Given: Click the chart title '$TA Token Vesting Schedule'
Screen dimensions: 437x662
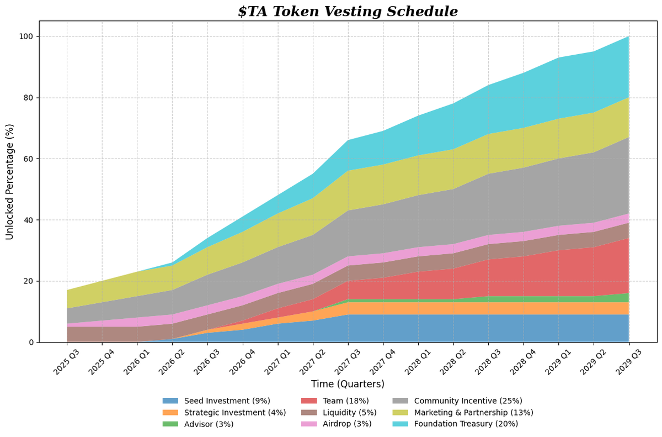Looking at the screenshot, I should [x=348, y=12].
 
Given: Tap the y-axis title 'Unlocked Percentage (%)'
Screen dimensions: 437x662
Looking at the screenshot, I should [x=10, y=181].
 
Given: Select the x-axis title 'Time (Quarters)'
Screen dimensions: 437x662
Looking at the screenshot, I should [x=348, y=384].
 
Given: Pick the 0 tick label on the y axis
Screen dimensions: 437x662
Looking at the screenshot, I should [x=31, y=343].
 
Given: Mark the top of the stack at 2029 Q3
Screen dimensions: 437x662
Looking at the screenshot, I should [x=629, y=36].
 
